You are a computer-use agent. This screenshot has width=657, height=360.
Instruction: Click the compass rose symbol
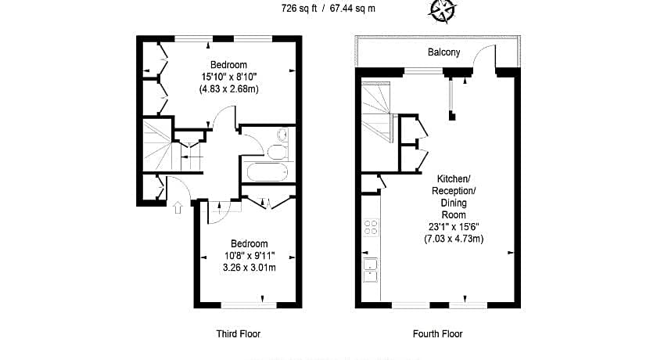442,10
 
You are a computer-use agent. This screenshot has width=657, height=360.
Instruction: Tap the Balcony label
443,52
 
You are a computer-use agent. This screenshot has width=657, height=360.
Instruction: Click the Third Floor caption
238,334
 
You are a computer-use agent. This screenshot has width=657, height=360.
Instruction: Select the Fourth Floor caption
437,334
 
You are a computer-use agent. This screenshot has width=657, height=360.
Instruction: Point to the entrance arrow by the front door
178,207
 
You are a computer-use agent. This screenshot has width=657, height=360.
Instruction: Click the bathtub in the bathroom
267,172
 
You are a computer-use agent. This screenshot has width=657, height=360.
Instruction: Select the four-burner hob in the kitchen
371,227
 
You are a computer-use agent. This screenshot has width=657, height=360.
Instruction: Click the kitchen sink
371,270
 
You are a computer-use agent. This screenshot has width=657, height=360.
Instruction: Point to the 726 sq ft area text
299,9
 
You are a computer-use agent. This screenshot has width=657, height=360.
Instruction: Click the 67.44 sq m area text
353,9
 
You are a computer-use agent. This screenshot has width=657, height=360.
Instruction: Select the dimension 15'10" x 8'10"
228,77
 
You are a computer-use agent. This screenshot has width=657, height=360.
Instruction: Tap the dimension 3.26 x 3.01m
250,268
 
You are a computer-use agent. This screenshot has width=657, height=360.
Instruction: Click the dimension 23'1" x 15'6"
454,227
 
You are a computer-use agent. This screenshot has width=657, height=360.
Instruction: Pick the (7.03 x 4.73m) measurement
454,239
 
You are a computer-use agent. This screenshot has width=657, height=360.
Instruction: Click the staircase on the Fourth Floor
376,111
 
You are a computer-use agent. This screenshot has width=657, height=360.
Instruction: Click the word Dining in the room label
454,203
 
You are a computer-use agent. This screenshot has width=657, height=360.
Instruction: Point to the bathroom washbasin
282,135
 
